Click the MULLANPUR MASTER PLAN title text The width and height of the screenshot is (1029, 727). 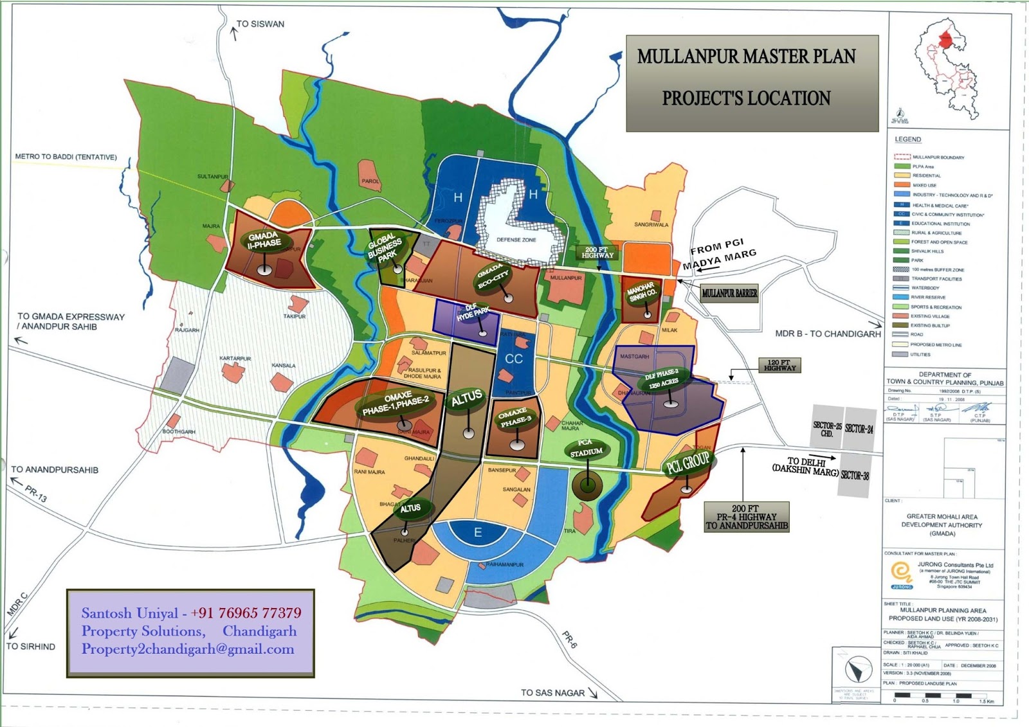click(746, 57)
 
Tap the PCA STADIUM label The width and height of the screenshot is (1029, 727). click(586, 447)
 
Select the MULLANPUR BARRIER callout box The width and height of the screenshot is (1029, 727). click(729, 293)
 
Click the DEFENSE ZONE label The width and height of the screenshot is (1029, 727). click(516, 240)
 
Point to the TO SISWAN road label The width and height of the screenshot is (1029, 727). click(260, 24)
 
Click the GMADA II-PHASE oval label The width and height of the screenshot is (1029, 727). click(264, 240)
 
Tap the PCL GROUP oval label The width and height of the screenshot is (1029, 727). click(688, 462)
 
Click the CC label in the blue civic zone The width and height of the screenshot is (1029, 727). click(514, 359)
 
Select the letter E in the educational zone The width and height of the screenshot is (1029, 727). click(478, 532)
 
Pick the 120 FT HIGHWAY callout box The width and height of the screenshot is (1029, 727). click(779, 365)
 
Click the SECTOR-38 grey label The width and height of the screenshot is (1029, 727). click(855, 476)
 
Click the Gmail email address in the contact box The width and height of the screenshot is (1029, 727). click(188, 649)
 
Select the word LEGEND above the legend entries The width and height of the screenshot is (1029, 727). click(907, 139)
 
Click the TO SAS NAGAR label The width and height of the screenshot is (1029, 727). click(552, 692)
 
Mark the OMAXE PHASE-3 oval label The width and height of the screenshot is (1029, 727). click(514, 417)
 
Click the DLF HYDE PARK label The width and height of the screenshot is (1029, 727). click(473, 313)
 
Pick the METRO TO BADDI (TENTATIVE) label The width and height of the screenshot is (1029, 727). click(66, 157)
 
